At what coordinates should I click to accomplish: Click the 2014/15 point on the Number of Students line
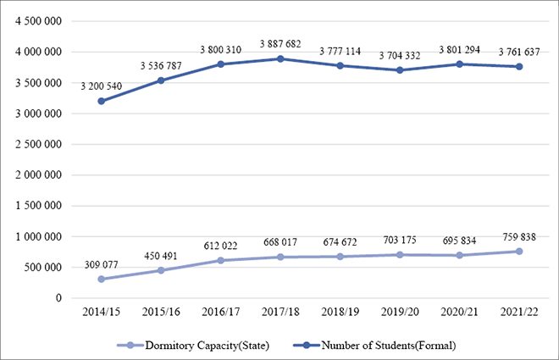[x=102, y=101]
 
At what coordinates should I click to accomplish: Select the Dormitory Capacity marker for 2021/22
[x=517, y=252]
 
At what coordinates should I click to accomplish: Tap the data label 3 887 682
[x=280, y=42]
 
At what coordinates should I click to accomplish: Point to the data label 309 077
[x=102, y=264]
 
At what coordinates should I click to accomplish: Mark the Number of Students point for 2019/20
[x=399, y=70]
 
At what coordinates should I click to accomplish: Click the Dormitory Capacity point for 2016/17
[x=221, y=260]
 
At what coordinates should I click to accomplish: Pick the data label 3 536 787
[x=161, y=64]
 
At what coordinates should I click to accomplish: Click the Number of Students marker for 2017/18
[x=280, y=58]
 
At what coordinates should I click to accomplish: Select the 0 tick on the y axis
[x=58, y=298]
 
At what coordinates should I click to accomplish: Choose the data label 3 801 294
[x=458, y=49]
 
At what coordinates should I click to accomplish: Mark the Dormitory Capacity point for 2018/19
[x=340, y=257]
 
